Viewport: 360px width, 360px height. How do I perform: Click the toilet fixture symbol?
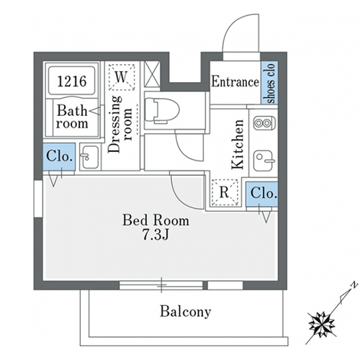coord(163,110)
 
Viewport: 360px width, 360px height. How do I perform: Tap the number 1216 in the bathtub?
coord(72,81)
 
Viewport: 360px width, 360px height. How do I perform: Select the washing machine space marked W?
coord(122,77)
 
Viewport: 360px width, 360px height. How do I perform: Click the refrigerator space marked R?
coord(225,192)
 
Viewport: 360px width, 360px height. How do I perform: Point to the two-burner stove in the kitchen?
coord(264,123)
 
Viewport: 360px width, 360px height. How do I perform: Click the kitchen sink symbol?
coord(264,161)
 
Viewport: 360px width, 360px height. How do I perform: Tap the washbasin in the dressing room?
coord(90,157)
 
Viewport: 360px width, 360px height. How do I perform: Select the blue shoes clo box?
coord(269,83)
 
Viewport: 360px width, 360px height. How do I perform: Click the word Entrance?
coord(235,81)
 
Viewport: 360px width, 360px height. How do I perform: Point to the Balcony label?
coord(186,312)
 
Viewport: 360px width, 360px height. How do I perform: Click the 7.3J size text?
coord(156,234)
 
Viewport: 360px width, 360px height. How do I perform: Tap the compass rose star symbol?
coord(322,325)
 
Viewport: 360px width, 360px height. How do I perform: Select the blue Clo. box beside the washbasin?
coord(59,156)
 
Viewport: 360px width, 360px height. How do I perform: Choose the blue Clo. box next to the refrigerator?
coord(262,194)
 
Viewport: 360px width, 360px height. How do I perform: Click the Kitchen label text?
coord(238,144)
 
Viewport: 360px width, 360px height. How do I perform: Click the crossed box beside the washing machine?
coord(152,74)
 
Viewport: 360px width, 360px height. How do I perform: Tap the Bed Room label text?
coord(156,220)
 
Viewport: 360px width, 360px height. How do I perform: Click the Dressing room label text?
coord(120,124)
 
